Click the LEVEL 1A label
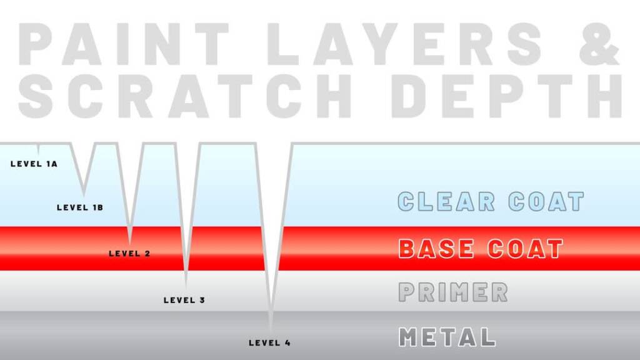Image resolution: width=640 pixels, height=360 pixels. point(34,164)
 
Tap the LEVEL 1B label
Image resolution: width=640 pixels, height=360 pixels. point(80,207)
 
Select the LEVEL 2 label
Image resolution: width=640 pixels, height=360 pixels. point(130,254)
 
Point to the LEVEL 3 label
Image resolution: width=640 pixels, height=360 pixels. point(184,300)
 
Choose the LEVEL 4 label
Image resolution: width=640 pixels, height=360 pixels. point(270,343)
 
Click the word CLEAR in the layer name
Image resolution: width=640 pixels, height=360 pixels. point(446,201)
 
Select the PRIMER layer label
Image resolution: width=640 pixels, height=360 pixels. point(453,292)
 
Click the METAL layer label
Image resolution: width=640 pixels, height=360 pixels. point(447,337)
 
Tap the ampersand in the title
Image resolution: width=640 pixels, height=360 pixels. point(599,44)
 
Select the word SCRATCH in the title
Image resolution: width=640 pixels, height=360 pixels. point(184,96)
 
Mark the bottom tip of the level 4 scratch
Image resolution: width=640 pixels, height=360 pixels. point(271,331)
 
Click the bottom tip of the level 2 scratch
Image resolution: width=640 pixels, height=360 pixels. point(130,244)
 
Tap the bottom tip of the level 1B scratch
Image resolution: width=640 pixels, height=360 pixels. point(84,195)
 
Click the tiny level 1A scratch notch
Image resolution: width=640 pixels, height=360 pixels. point(38,147)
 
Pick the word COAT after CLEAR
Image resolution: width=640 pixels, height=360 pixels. point(546,201)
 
